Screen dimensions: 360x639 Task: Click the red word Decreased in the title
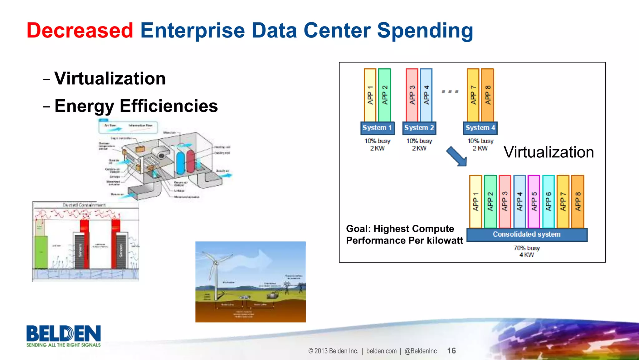(x=80, y=31)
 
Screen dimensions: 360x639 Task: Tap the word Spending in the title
(x=425, y=31)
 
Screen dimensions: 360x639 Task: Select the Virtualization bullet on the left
(x=110, y=78)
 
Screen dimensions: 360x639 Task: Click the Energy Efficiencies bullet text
(x=136, y=106)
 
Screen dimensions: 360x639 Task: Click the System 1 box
(x=377, y=128)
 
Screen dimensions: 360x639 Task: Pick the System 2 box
(x=419, y=128)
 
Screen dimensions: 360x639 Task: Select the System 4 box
(x=480, y=128)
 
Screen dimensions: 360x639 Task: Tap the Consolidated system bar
(x=527, y=234)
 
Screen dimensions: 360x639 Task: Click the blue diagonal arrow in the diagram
(x=456, y=156)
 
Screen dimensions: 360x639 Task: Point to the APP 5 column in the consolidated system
(x=534, y=201)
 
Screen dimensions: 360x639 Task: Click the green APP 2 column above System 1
(x=384, y=95)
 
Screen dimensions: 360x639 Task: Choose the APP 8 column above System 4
(x=488, y=95)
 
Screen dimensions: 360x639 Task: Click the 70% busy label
(x=527, y=248)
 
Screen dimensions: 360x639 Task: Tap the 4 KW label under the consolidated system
(x=527, y=255)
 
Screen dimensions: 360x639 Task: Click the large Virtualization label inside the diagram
(x=549, y=152)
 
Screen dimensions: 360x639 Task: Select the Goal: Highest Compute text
(x=400, y=229)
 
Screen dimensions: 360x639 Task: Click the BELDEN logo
(x=64, y=334)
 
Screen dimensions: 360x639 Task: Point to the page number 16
(x=451, y=351)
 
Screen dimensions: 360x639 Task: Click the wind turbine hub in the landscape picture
(x=215, y=263)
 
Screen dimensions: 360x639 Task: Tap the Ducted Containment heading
(x=84, y=205)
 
